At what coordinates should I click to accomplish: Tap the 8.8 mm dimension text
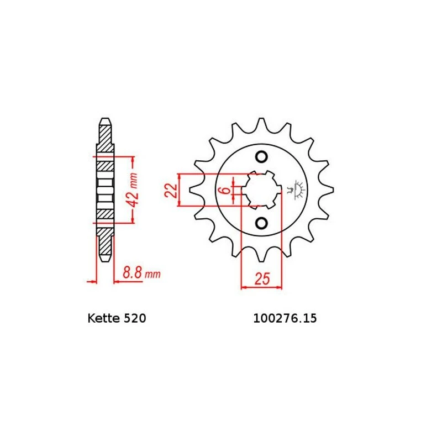point(141,273)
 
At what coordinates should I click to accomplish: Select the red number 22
point(171,190)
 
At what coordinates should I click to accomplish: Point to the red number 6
point(225,191)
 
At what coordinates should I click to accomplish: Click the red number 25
point(262,278)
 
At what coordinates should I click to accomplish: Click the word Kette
point(104,318)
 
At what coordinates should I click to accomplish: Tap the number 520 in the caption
point(135,318)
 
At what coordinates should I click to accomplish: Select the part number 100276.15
point(285,318)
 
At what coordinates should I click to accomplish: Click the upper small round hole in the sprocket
point(261,157)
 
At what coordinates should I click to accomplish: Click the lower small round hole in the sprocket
point(261,223)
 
